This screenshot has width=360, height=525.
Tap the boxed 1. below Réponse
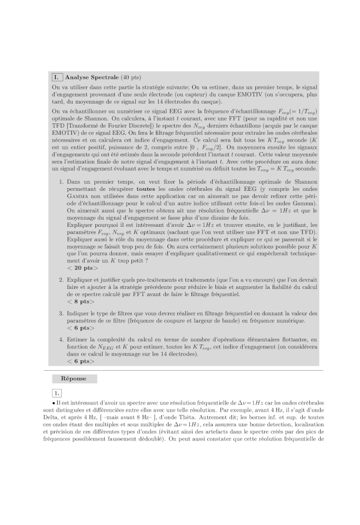[57, 393]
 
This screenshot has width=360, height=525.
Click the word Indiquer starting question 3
[79, 313]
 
